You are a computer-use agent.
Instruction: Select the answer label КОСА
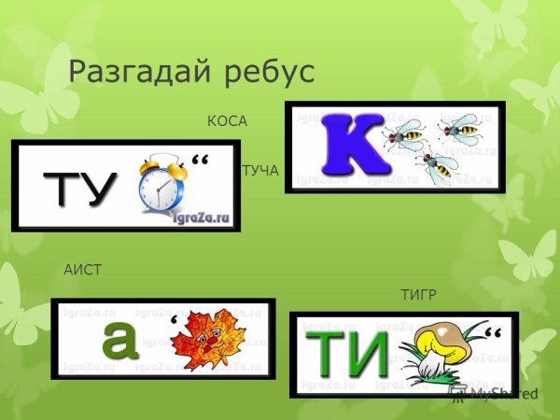pos(226,121)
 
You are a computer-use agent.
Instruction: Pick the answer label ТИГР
pos(418,297)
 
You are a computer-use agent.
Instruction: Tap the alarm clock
pos(160,187)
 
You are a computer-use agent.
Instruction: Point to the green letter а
pos(119,340)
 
